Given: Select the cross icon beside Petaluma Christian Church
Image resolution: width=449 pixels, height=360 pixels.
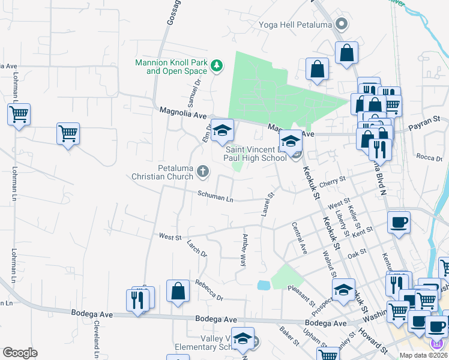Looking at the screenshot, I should tap(203, 173).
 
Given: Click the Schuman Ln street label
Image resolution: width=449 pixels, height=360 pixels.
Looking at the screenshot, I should tap(215, 196).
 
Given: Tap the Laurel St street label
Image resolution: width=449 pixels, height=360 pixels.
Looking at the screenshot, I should tap(265, 204).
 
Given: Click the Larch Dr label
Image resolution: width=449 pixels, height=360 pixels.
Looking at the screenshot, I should tap(196, 250).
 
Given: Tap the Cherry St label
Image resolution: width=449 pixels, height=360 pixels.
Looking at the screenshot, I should tap(333, 180).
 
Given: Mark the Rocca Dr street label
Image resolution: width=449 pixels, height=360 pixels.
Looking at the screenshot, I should tap(429, 157).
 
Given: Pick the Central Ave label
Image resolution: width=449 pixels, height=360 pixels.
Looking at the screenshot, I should tap(299, 238).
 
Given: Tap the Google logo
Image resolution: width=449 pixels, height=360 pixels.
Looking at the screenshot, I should tap(20, 353).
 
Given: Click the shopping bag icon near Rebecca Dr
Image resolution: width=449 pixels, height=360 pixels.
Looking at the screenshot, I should tap(178, 292).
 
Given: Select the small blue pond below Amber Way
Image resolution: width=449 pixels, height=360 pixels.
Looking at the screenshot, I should tap(264, 285).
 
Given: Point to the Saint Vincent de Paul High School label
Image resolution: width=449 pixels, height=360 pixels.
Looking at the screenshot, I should tap(256, 153).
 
